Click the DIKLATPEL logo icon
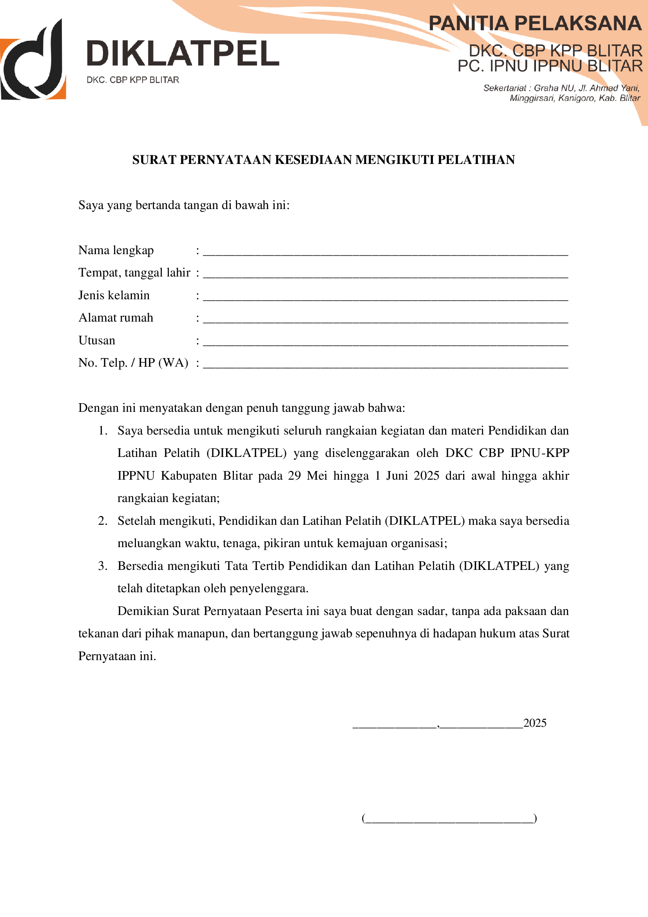click(x=33, y=60)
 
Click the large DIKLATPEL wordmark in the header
click(x=183, y=53)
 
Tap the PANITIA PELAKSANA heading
click(x=535, y=23)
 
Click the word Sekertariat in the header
click(x=504, y=88)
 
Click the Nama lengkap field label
click(x=116, y=250)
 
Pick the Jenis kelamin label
click(x=114, y=295)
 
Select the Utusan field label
click(x=96, y=340)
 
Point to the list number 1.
click(x=103, y=431)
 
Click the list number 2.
click(x=103, y=521)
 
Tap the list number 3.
click(x=103, y=566)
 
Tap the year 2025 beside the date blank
click(x=535, y=723)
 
